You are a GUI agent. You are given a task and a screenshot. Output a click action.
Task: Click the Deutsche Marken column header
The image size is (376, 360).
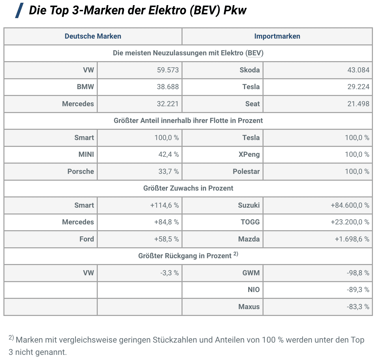click(x=93, y=36)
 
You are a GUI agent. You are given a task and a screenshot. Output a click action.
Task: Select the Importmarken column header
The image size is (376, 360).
click(x=277, y=36)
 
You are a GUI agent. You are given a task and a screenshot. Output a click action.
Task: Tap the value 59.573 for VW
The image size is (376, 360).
click(x=168, y=70)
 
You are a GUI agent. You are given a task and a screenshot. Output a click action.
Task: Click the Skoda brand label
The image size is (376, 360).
click(x=250, y=70)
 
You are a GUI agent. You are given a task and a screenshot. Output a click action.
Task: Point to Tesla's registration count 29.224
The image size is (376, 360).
click(x=358, y=87)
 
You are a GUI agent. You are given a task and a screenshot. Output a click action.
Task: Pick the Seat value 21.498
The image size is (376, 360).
click(x=358, y=104)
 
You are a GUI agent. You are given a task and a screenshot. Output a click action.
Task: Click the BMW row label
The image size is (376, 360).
click(x=85, y=87)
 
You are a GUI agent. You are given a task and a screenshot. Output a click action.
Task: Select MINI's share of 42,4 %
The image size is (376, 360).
click(x=169, y=154)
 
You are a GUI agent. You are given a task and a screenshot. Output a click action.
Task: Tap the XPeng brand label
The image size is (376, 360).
click(x=249, y=154)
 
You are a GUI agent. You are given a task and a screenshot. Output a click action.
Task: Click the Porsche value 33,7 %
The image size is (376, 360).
click(x=169, y=171)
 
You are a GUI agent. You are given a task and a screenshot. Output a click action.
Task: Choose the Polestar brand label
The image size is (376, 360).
click(x=246, y=171)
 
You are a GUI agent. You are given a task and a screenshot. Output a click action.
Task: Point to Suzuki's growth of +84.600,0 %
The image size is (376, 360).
click(x=350, y=205)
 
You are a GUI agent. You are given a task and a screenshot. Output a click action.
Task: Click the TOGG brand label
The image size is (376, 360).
click(x=250, y=222)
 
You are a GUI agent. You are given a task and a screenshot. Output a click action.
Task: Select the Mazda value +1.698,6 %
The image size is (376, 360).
click(x=352, y=239)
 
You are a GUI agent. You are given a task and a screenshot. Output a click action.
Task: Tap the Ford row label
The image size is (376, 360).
click(x=87, y=239)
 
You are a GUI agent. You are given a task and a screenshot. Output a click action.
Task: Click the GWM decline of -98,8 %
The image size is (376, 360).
click(x=358, y=273)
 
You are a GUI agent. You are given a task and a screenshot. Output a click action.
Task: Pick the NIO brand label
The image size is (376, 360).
click(x=254, y=290)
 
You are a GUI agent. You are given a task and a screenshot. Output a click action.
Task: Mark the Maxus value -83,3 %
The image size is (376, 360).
click(x=358, y=307)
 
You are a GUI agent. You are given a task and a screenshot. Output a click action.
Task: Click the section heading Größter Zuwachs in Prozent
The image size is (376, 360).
click(x=188, y=188)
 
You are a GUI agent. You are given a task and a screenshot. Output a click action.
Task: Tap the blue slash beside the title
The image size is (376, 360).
click(x=19, y=11)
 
